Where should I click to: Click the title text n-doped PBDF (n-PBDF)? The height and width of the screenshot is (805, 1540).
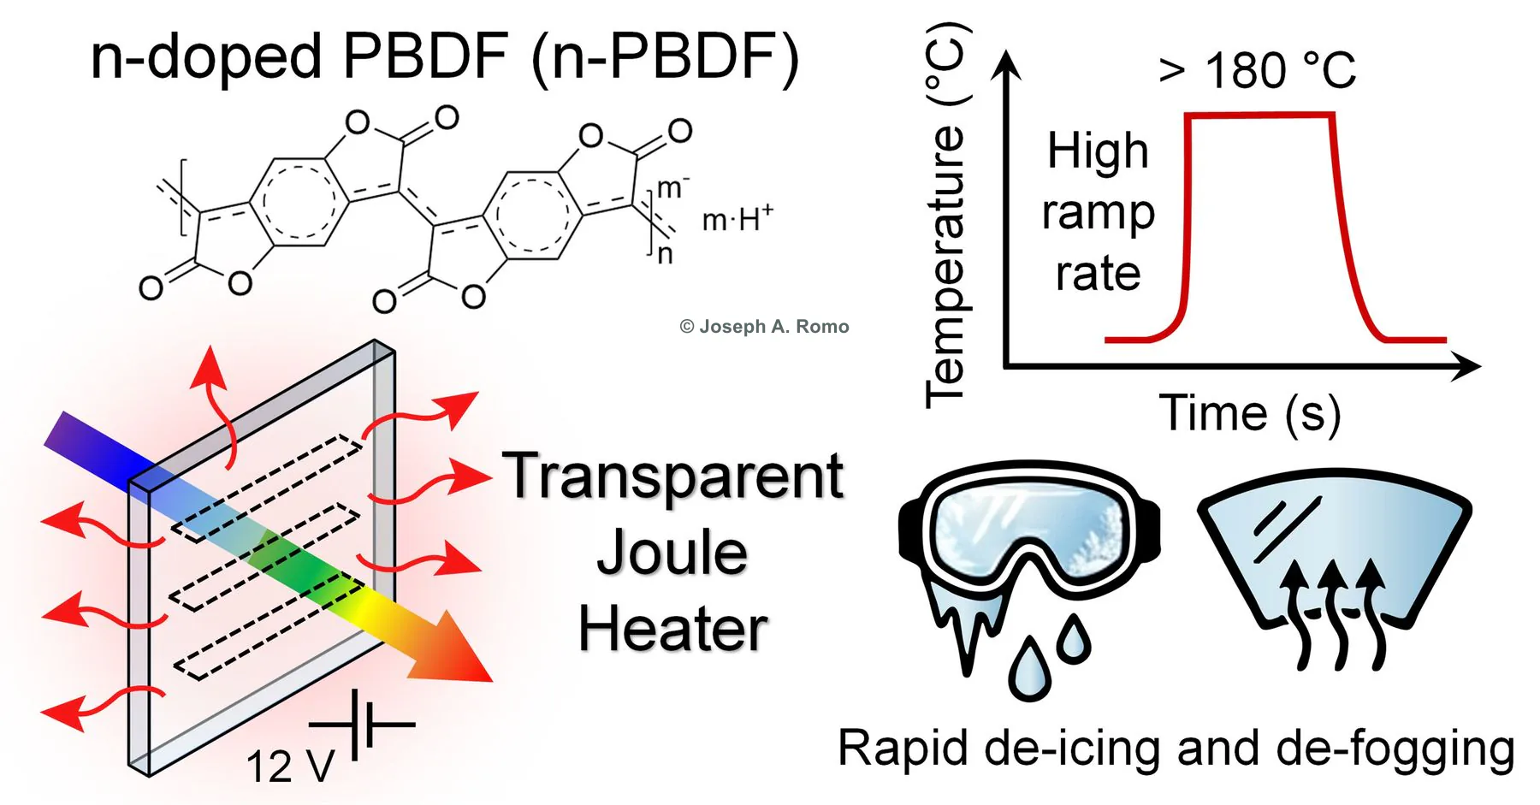pos(444,58)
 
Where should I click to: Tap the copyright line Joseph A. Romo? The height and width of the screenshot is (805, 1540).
pos(764,326)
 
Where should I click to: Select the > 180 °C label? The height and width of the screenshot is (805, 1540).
pos(1257,69)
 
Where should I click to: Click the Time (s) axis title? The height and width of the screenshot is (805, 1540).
pos(1250,414)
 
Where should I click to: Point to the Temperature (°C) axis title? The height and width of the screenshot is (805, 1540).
pos(947,214)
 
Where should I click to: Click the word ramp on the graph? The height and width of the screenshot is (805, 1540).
pos(1099,214)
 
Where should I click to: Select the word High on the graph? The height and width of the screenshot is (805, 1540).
pos(1098,152)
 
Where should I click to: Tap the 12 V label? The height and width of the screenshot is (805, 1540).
pos(290,766)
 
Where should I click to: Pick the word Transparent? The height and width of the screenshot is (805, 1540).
pos(673,476)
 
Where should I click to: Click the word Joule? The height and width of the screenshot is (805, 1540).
pos(672,553)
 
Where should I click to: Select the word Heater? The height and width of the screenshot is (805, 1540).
pos(673,629)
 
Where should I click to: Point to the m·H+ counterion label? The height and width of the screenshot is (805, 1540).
pos(737,219)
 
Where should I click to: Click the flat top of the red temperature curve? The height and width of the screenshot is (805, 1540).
pos(1259,114)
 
